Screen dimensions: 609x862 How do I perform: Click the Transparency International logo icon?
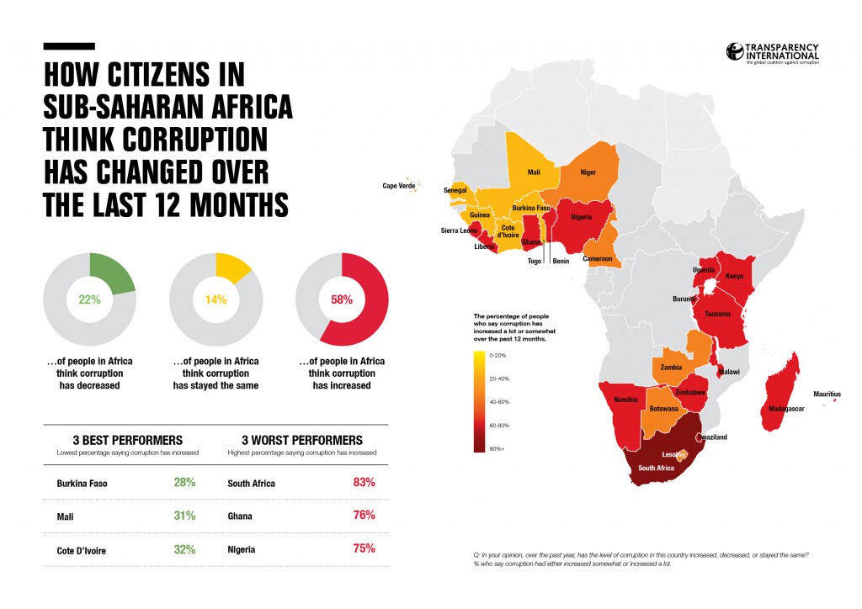[734, 51]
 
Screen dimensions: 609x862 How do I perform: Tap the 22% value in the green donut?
[88, 298]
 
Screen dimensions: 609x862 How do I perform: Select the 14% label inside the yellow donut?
[215, 298]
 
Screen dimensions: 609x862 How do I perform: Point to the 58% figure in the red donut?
[342, 298]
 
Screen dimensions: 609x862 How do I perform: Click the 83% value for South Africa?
[364, 484]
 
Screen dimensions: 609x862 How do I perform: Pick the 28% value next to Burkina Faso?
[184, 484]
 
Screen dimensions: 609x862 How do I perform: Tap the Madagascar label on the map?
[782, 409]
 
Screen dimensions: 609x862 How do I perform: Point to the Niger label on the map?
[588, 174]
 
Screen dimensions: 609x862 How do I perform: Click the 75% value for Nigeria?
[364, 548]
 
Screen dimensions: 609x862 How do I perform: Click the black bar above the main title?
[69, 47]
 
